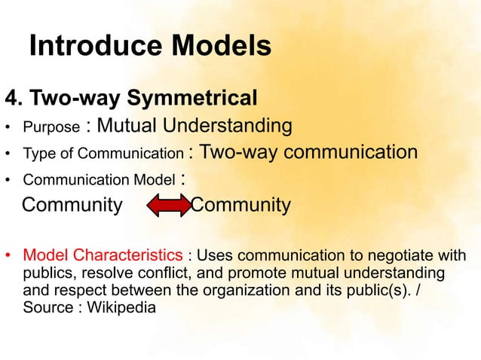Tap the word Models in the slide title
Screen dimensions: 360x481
221,47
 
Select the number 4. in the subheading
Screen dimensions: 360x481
17,98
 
